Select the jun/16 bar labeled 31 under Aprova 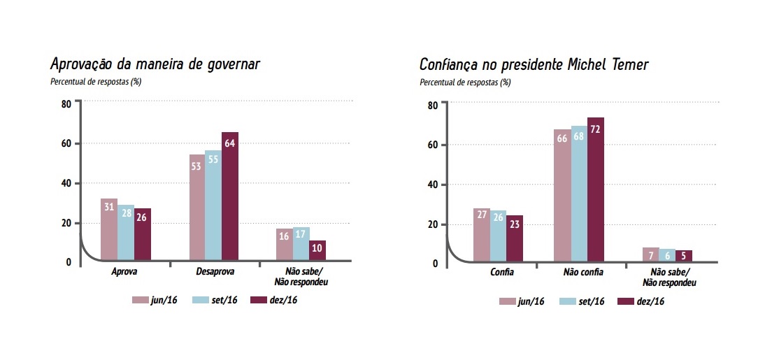(108, 230)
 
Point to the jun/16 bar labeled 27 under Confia (481, 235)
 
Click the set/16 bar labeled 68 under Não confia (579, 195)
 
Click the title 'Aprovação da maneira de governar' (155, 64)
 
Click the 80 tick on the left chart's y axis (66, 104)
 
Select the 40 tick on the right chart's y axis (433, 185)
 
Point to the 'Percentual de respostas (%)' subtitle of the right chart (465, 82)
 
